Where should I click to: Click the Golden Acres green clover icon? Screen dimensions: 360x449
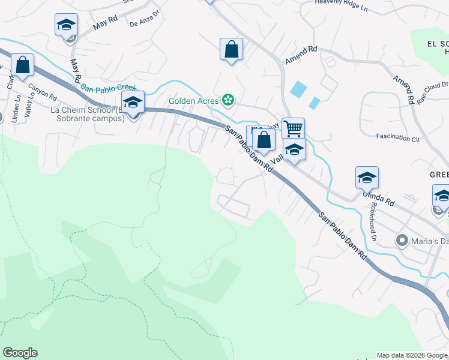[x=228, y=100]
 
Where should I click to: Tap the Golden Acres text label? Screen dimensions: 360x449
[x=193, y=100]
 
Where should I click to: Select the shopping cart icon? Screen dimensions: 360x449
[x=293, y=128]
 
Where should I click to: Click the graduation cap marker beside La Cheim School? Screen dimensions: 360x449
[x=133, y=102]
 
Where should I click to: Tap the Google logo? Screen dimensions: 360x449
[x=20, y=353]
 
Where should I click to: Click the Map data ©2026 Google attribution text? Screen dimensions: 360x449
[x=412, y=355]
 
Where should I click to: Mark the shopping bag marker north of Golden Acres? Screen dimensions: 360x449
[x=231, y=49]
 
